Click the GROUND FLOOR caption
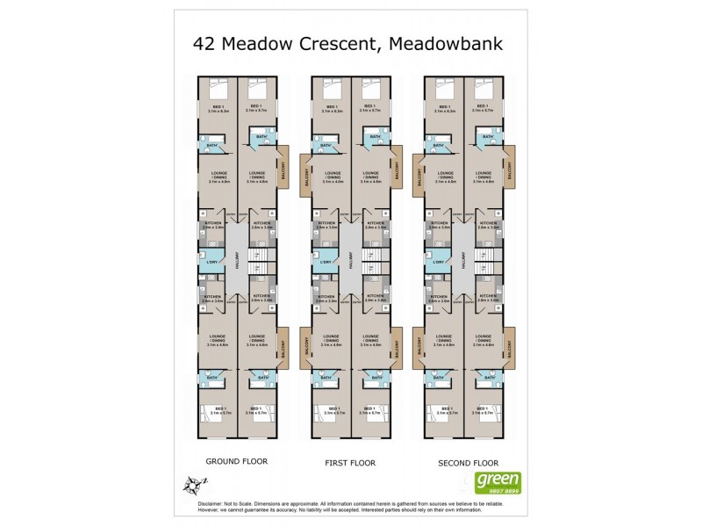pyautogui.click(x=236, y=461)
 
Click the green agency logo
pyautogui.click(x=498, y=480)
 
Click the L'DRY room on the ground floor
pyautogui.click(x=211, y=263)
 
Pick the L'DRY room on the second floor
pyautogui.click(x=438, y=263)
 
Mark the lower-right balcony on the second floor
pyautogui.click(x=509, y=349)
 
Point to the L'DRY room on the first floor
pyautogui.click(x=326, y=263)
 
